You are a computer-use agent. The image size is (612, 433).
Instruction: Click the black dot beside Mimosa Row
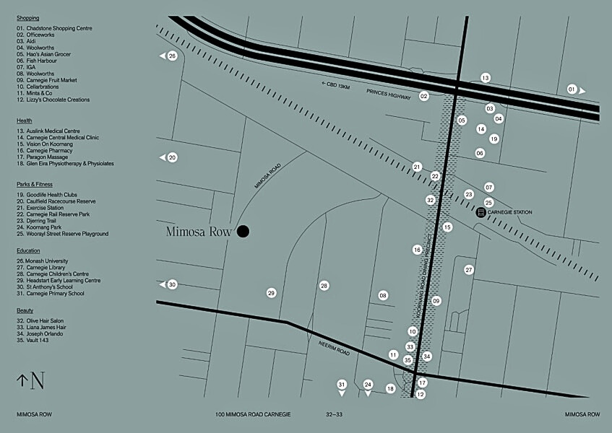(243, 231)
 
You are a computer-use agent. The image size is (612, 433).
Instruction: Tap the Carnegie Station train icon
(480, 212)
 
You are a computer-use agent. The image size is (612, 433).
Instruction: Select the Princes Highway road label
(388, 92)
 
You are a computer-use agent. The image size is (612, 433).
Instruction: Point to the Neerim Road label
(334, 349)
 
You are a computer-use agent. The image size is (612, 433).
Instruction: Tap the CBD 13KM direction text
(335, 85)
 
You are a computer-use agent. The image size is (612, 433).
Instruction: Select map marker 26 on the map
(172, 56)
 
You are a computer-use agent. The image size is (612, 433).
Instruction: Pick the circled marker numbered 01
(572, 89)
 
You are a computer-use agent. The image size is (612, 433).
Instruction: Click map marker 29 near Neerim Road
(271, 293)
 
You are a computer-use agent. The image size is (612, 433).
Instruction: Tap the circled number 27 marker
(469, 270)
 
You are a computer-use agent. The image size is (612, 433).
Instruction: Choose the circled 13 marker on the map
(486, 78)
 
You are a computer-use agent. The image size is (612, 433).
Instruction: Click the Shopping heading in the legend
(27, 18)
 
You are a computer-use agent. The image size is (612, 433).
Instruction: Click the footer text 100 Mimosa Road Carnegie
(253, 415)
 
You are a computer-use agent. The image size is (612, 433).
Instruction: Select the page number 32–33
(334, 415)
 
